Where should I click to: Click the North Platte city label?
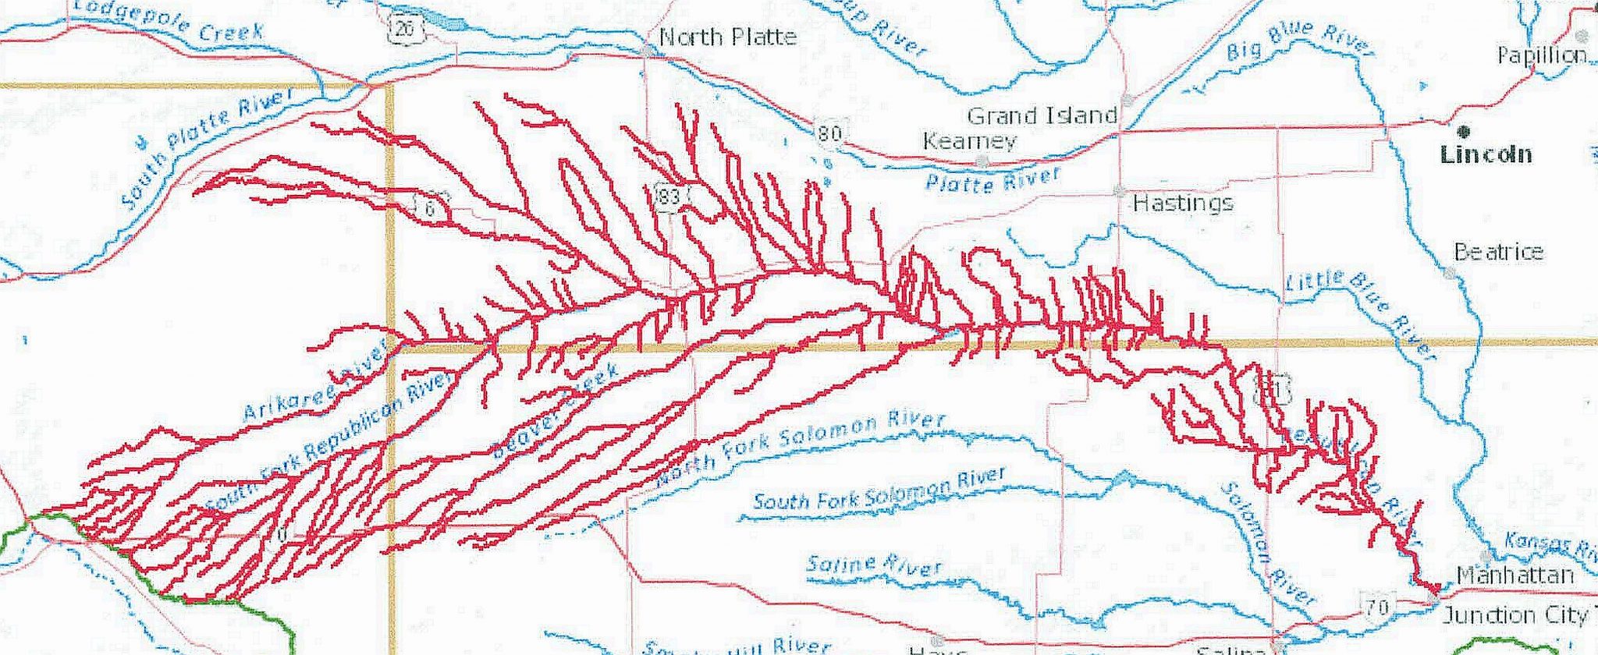(x=727, y=37)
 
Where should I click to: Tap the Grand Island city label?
(x=1042, y=116)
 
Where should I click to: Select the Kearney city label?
(x=969, y=141)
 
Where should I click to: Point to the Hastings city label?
(x=1183, y=204)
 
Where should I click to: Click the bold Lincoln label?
(x=1486, y=154)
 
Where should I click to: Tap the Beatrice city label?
(x=1498, y=251)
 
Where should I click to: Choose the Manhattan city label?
(x=1515, y=575)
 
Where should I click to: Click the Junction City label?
(x=1514, y=615)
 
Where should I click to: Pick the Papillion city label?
(x=1541, y=55)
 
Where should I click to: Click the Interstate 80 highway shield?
(x=829, y=133)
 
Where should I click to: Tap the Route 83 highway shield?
(x=669, y=195)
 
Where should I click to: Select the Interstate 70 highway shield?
(x=1378, y=606)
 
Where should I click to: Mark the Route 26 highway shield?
(x=404, y=30)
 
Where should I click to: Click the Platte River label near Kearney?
(x=993, y=180)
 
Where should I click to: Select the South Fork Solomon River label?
(x=879, y=490)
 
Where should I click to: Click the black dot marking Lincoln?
(x=1464, y=131)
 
